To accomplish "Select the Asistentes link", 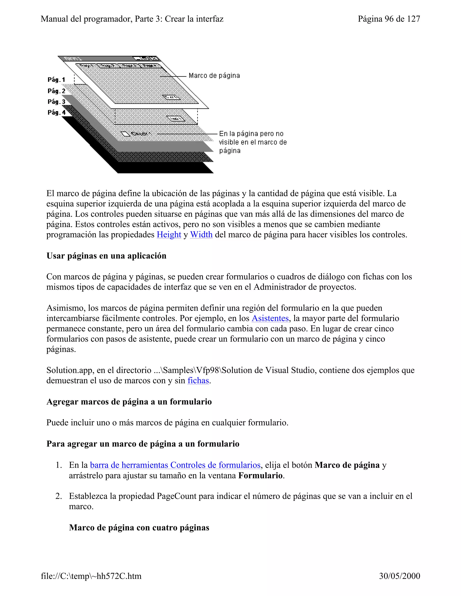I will (x=270, y=318).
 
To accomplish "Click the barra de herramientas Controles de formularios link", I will (x=175, y=465).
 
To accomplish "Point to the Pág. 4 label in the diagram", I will (x=56, y=112).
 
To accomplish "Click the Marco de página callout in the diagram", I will (x=214, y=76).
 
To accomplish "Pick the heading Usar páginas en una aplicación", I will (x=106, y=256).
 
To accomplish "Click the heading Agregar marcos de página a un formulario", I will (x=129, y=402).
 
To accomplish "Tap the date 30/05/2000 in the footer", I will (x=399, y=576).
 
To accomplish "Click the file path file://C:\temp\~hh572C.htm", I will (x=91, y=576).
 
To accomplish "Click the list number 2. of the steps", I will (x=59, y=496).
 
